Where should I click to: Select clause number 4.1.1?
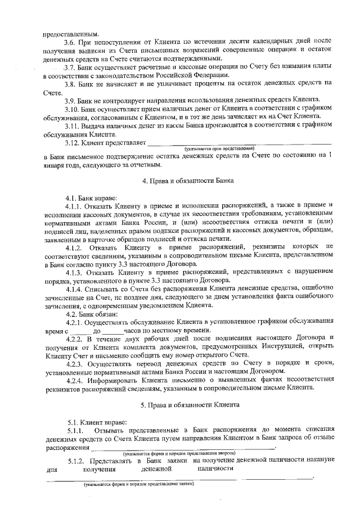pyautogui.click(x=75, y=206)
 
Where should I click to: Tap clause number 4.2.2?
pyautogui.click(x=75, y=338)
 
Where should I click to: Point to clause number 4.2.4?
pyautogui.click(x=75, y=379)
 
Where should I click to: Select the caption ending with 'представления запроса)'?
pyautogui.click(x=181, y=453)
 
